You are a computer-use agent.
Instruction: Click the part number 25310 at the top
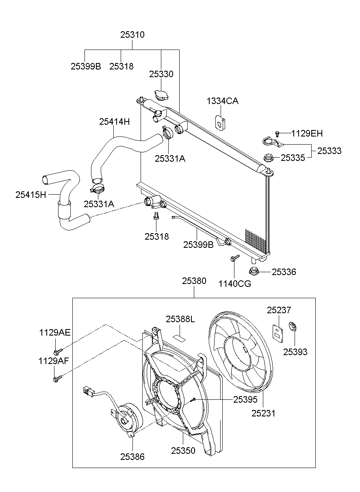[x=132, y=35]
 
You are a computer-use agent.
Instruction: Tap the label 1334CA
[x=222, y=101]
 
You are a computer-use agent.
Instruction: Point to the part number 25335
[x=293, y=158]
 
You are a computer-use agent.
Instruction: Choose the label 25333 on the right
[x=329, y=151]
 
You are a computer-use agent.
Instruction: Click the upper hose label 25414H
[x=115, y=121]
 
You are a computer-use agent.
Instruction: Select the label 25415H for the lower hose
[x=31, y=195]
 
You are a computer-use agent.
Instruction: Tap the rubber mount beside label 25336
[x=255, y=271]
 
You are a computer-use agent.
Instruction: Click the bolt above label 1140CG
[x=234, y=258]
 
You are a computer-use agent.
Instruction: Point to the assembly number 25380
[x=194, y=281]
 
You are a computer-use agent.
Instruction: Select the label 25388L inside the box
[x=180, y=319]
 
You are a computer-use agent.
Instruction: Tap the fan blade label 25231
[x=263, y=414]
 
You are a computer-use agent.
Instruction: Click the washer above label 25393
[x=292, y=325]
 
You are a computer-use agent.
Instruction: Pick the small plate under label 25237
[x=277, y=332]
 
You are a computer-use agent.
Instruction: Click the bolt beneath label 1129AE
[x=57, y=351]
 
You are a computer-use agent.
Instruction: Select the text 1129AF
[x=54, y=360]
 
